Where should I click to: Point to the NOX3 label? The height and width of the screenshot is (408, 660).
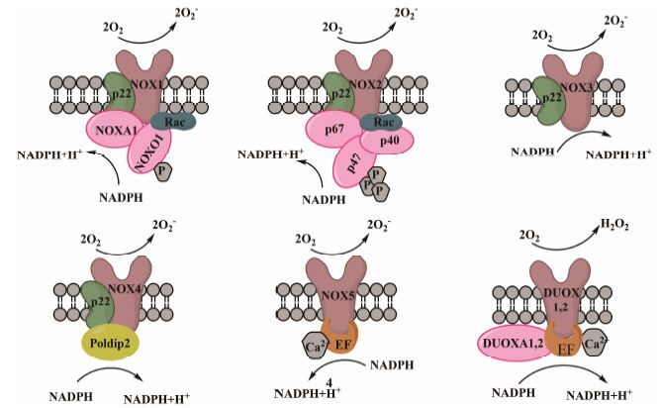tap(575, 87)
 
